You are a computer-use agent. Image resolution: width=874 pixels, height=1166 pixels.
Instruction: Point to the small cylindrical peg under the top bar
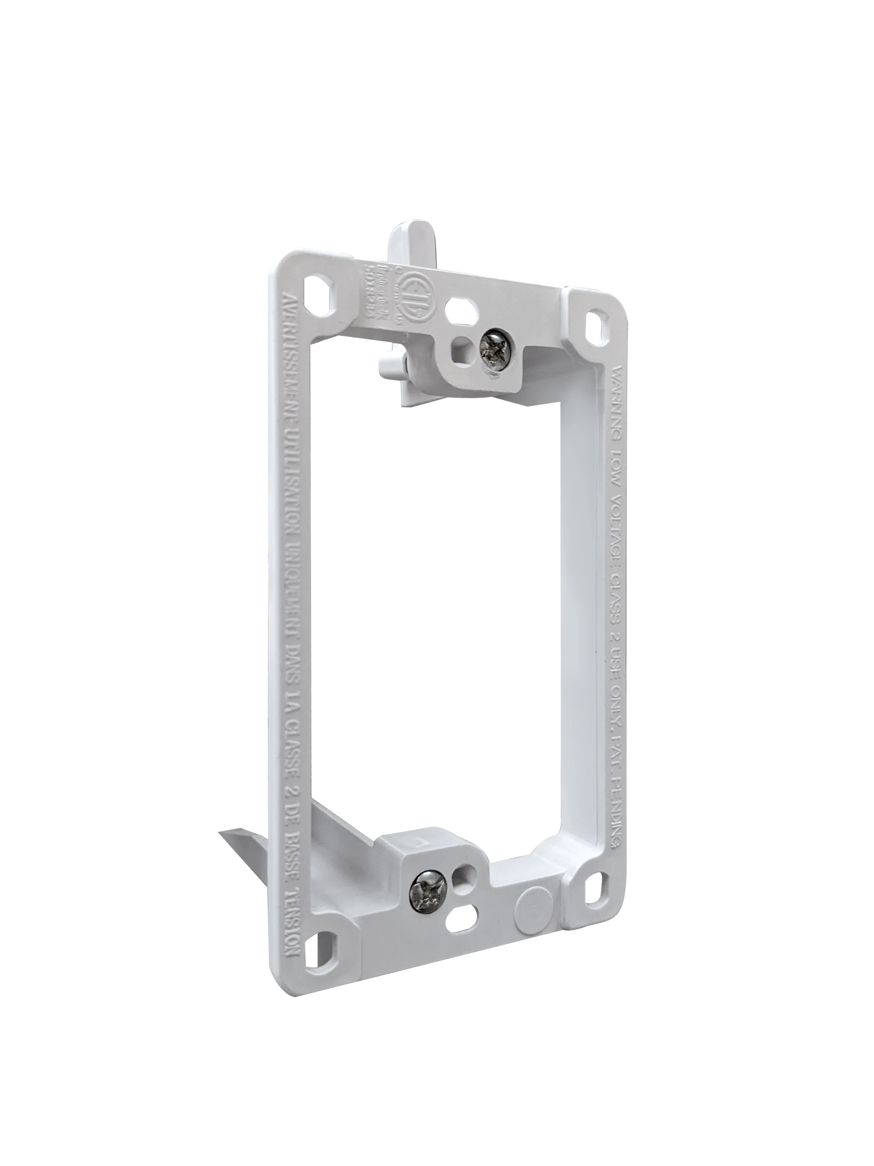click(390, 363)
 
